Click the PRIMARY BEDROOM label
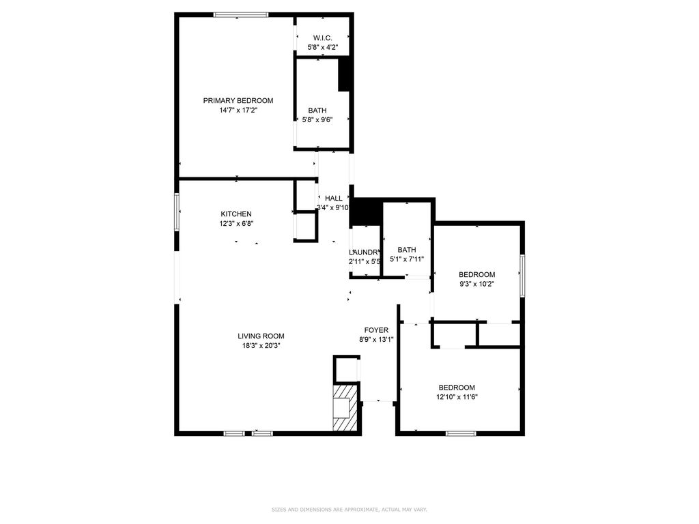pyautogui.click(x=238, y=100)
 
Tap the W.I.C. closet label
pyautogui.click(x=322, y=38)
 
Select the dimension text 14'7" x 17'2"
pyautogui.click(x=238, y=110)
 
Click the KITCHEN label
pyautogui.click(x=236, y=214)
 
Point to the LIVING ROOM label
pyautogui.click(x=261, y=336)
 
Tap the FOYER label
pyautogui.click(x=376, y=330)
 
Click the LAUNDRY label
pyautogui.click(x=365, y=252)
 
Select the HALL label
pyautogui.click(x=333, y=199)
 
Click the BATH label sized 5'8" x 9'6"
pyautogui.click(x=317, y=111)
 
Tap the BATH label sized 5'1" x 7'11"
pyautogui.click(x=407, y=250)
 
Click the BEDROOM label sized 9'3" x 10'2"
pyautogui.click(x=476, y=274)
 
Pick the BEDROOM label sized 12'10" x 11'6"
pyautogui.click(x=457, y=387)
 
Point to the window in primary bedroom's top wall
pyautogui.click(x=240, y=14)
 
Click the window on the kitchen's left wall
pyautogui.click(x=176, y=212)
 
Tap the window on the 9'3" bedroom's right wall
pyautogui.click(x=522, y=276)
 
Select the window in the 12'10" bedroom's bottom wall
pyautogui.click(x=461, y=433)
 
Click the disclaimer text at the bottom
pyautogui.click(x=349, y=509)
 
